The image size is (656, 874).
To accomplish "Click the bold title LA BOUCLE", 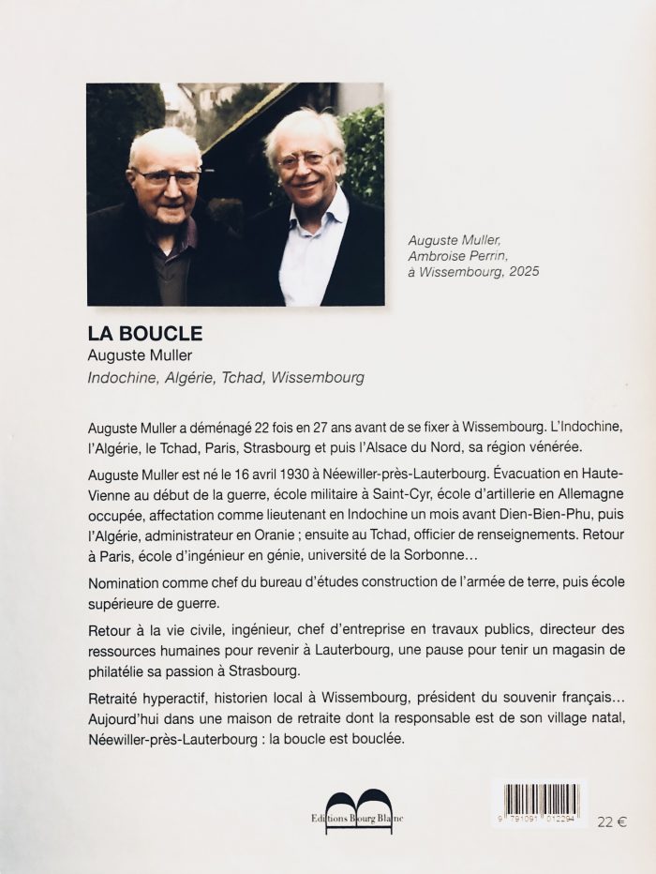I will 144,333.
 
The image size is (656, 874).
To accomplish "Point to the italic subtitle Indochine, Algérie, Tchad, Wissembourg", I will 225,378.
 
